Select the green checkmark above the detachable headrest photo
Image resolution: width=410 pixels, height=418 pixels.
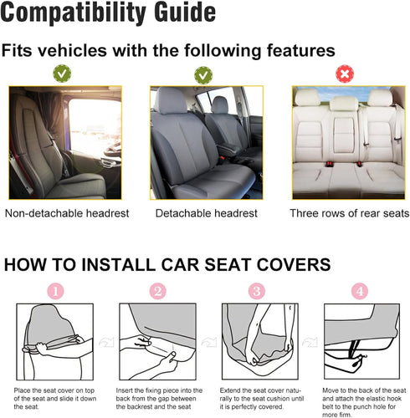click(202, 75)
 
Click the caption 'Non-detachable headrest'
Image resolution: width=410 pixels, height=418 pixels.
click(67, 213)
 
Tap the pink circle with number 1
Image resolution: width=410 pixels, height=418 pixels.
click(55, 292)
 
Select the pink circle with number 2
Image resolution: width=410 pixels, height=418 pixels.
click(158, 292)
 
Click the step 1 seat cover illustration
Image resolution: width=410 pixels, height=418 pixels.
click(54, 339)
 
